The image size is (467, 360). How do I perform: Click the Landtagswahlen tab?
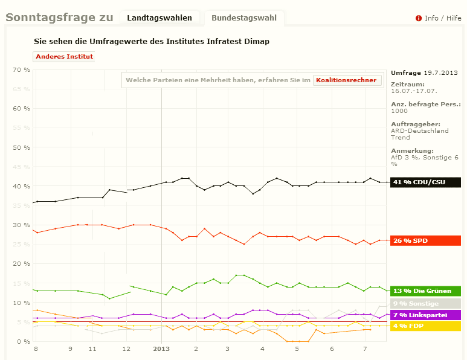(159, 18)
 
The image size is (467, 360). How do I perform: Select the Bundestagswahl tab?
(243, 18)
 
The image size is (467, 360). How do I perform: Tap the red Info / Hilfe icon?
(418, 18)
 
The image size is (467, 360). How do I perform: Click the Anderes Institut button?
(64, 57)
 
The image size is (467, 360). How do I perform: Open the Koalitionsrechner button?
(347, 80)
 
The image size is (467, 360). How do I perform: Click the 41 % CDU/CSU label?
(426, 182)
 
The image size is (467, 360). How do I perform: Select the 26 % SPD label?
(426, 240)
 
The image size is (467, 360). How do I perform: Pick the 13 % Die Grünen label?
(426, 291)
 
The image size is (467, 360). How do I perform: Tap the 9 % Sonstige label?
(426, 303)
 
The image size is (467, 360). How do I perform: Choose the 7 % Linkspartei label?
(426, 315)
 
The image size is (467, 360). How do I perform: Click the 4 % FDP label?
(426, 326)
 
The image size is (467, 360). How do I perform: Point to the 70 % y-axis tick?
(22, 70)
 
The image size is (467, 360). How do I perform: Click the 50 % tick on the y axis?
(22, 147)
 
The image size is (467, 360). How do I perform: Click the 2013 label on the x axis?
(161, 349)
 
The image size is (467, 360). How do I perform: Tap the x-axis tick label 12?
(126, 349)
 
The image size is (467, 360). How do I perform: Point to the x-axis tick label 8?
(36, 349)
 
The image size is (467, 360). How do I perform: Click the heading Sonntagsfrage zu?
(59, 18)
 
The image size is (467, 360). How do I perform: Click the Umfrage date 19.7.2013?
(440, 72)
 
